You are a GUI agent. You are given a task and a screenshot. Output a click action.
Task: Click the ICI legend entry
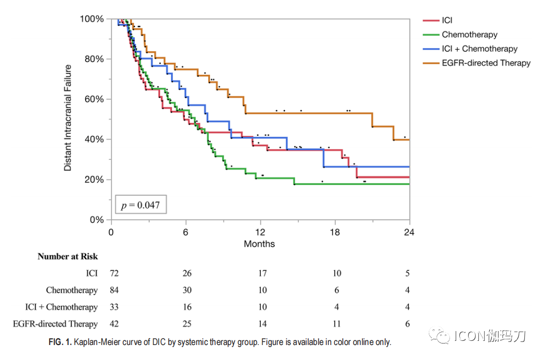pyautogui.click(x=447, y=21)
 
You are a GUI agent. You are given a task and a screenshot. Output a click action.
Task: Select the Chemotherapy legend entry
pyautogui.click(x=469, y=35)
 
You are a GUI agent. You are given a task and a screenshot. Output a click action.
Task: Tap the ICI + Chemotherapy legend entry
pyautogui.click(x=479, y=49)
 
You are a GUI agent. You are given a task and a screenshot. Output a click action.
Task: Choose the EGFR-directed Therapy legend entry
pyautogui.click(x=486, y=63)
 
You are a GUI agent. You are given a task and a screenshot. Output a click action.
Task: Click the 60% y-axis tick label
pyautogui.click(x=94, y=99)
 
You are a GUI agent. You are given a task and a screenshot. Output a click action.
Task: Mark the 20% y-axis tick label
pyautogui.click(x=94, y=180)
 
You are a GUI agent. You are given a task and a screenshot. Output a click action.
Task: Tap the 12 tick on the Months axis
pyautogui.click(x=260, y=232)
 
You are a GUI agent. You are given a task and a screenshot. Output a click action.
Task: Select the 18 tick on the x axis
pyautogui.click(x=335, y=232)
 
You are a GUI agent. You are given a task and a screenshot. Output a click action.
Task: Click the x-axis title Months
pyautogui.click(x=259, y=244)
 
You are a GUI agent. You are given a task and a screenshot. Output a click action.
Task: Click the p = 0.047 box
pyautogui.click(x=141, y=205)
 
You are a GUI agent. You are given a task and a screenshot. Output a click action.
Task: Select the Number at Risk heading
pyautogui.click(x=68, y=256)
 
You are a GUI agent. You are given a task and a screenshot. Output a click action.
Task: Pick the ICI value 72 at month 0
pyautogui.click(x=114, y=273)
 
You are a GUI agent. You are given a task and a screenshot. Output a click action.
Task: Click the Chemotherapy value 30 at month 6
pyautogui.click(x=187, y=290)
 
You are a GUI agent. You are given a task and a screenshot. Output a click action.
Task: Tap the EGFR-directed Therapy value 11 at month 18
pyautogui.click(x=336, y=324)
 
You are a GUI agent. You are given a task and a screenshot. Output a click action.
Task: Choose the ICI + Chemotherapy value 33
pyautogui.click(x=114, y=307)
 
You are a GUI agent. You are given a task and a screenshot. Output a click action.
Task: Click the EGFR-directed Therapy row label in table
pyautogui.click(x=55, y=324)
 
